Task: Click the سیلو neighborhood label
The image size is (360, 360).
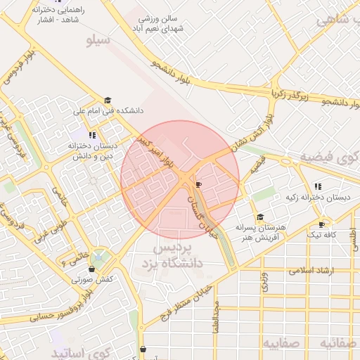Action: [x=98, y=40]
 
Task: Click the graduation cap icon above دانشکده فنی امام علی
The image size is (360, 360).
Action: [x=108, y=101]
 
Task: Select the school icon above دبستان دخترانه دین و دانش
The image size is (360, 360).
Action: [x=92, y=134]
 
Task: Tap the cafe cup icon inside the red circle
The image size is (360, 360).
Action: [x=198, y=184]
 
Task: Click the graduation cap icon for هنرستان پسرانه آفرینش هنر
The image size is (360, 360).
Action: [x=260, y=217]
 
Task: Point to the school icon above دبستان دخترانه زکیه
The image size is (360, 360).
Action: [x=318, y=186]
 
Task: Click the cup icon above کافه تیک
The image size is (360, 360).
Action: [x=322, y=224]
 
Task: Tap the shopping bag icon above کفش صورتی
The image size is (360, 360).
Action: [x=92, y=269]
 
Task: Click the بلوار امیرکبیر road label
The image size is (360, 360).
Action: [x=155, y=153]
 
